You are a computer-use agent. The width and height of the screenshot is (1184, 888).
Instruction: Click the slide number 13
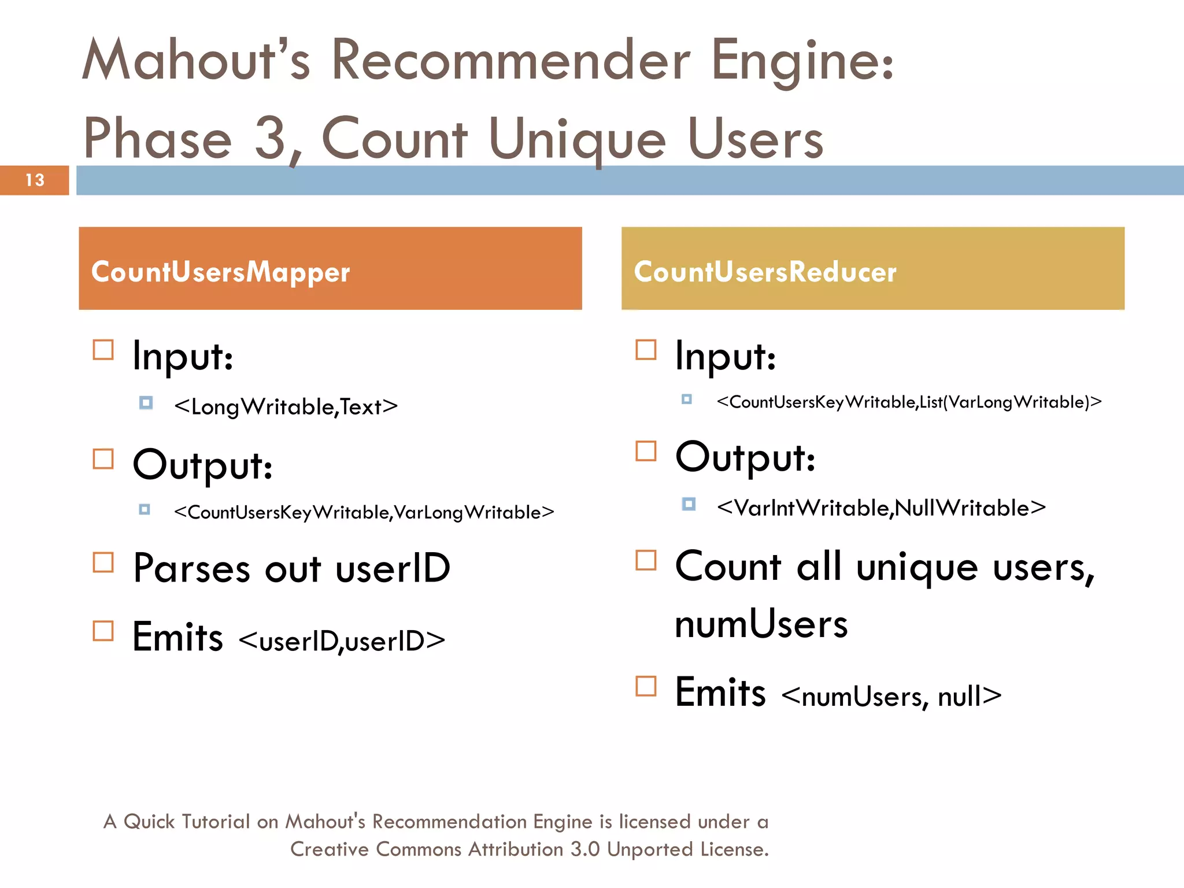click(x=35, y=180)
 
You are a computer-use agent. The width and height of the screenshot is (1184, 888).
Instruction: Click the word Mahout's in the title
click(x=197, y=60)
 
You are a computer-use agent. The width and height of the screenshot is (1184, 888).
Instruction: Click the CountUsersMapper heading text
click(x=220, y=272)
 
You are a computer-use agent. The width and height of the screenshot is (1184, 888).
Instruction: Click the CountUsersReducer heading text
click(x=765, y=272)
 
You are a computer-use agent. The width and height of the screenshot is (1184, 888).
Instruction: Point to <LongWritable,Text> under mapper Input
click(x=286, y=407)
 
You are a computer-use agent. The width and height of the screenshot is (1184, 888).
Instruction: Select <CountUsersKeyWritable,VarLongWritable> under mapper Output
click(x=364, y=512)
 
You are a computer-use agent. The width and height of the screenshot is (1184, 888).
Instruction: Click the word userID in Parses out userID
click(x=393, y=568)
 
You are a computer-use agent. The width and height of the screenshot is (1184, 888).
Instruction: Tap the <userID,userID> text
click(x=342, y=641)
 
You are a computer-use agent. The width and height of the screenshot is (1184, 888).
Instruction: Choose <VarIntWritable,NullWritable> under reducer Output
click(x=881, y=508)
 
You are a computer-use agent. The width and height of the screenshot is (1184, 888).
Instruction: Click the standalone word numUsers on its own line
click(x=761, y=624)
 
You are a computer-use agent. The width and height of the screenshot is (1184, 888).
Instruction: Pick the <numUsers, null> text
click(x=891, y=696)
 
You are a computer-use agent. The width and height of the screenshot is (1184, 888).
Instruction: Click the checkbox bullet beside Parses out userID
click(x=103, y=562)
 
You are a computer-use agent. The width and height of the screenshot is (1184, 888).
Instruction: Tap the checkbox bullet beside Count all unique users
click(x=646, y=560)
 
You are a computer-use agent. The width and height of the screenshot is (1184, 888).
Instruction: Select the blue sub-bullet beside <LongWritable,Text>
click(x=146, y=402)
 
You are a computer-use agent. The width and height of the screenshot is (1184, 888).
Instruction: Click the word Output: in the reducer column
click(x=745, y=457)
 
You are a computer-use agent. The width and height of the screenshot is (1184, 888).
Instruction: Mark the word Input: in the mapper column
click(x=183, y=356)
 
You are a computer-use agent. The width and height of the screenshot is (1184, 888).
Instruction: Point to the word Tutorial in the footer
click(x=215, y=822)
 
